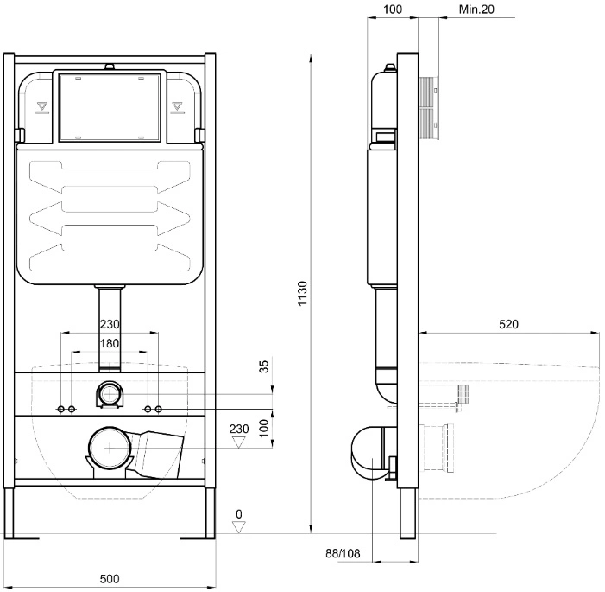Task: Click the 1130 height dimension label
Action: point(302,293)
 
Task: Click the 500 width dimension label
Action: point(110,578)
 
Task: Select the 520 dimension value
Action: point(508,324)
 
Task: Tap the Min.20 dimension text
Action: point(476,10)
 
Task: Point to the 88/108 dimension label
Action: point(343,553)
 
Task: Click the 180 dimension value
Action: point(110,343)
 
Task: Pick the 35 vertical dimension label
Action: point(263,366)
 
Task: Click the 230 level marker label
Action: point(239,429)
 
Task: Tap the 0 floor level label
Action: point(239,514)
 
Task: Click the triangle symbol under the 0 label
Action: point(239,526)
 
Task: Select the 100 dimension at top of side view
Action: point(393,10)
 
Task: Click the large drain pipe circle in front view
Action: point(110,448)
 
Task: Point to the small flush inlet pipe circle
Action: point(110,394)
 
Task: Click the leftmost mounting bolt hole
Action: point(61,409)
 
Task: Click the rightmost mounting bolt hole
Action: point(158,409)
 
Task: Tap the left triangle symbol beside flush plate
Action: point(42,105)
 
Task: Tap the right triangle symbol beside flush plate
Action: point(177,105)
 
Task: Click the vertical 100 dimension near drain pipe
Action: point(263,428)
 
